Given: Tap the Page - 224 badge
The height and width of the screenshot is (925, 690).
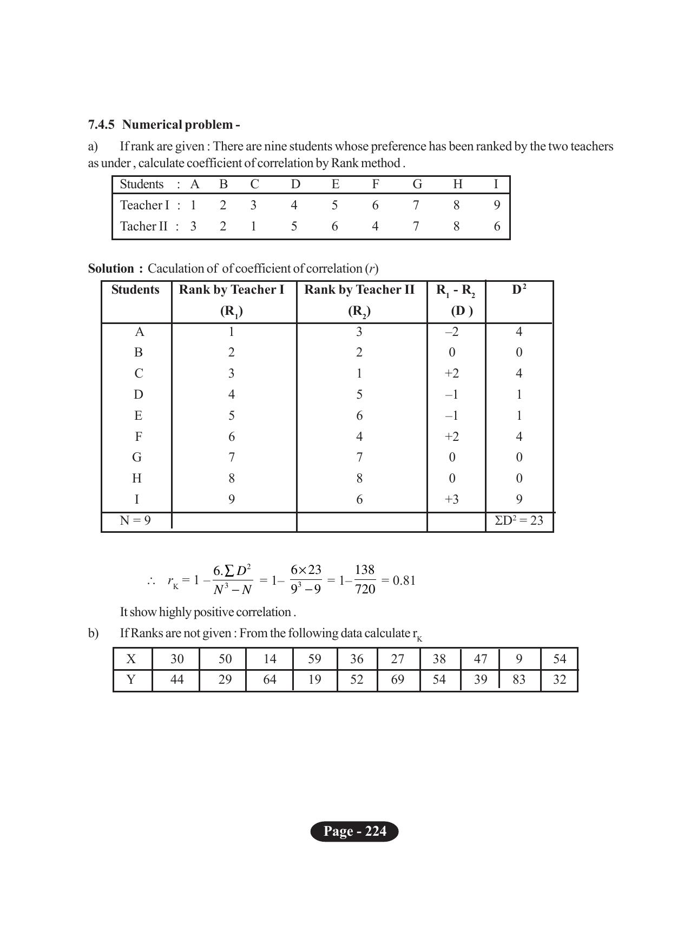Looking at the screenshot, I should [354, 831].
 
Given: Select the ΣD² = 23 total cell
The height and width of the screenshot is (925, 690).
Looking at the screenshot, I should [518, 521].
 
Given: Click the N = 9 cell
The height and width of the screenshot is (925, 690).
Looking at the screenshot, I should [135, 521].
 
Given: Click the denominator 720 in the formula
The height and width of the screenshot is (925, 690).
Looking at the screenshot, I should [365, 589].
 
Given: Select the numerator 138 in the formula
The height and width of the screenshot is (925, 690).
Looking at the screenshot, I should [365, 570].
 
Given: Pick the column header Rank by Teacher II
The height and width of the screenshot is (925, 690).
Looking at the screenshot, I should [359, 290].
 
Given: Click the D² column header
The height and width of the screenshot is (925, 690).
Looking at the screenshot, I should [519, 290].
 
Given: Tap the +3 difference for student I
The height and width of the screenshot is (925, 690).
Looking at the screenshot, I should [452, 499].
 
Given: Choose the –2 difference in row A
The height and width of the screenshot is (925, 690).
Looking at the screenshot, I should [452, 332].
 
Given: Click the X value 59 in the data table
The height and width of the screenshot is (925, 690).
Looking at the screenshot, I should [314, 659].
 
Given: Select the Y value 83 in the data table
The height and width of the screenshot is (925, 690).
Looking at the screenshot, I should [519, 679].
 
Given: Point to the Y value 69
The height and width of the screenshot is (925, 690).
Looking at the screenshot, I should [398, 679].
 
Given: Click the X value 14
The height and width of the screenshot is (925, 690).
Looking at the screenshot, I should [270, 659].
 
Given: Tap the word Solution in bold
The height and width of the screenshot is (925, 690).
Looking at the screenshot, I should [111, 269].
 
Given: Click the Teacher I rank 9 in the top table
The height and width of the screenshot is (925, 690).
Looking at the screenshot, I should [497, 205].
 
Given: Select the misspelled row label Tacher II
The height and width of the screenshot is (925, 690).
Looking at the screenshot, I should [144, 226].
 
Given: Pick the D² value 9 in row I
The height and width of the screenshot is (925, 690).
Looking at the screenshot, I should [519, 499].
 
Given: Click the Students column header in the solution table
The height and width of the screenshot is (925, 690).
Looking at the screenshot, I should [135, 290].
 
